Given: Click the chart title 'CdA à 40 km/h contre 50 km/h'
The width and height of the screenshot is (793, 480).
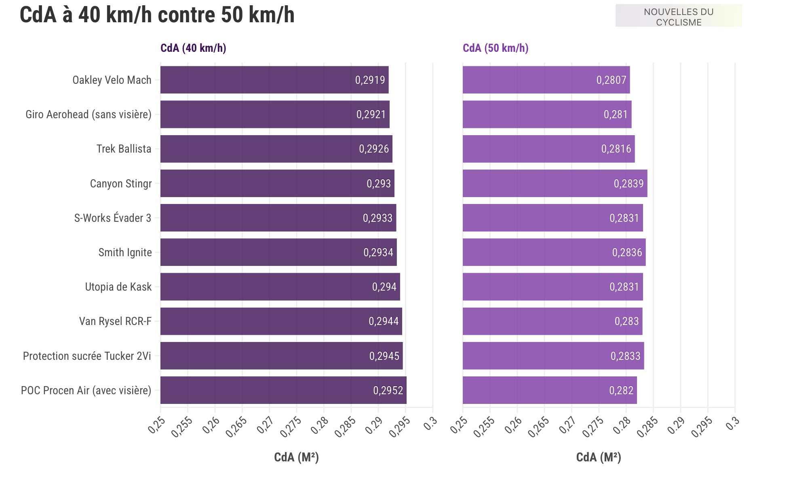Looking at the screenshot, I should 157,15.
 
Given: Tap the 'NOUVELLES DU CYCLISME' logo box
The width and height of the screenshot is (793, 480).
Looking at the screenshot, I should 678,16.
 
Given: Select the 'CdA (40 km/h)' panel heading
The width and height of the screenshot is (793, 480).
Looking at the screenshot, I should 193,48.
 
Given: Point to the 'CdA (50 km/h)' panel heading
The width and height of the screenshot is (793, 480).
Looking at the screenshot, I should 496,48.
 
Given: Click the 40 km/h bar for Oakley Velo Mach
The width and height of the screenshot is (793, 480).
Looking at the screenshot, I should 259,80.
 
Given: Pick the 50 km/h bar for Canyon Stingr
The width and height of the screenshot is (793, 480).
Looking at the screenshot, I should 538,183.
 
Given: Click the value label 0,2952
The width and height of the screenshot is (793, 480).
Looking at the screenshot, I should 388,391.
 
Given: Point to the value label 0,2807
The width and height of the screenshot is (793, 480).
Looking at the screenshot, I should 611,80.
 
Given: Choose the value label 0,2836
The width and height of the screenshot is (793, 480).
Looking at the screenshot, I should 627,253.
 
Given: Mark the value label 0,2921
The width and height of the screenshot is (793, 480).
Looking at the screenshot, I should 371,115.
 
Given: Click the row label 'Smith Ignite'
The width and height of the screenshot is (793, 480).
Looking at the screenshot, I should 125,253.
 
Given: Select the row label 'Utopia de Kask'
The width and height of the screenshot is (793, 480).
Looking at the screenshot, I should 118,287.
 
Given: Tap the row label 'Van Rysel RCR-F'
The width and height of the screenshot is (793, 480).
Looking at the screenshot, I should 115,321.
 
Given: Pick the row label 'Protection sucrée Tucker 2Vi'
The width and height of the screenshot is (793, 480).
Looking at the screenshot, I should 87,356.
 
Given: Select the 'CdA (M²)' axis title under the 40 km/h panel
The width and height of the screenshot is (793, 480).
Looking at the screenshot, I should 296,457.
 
